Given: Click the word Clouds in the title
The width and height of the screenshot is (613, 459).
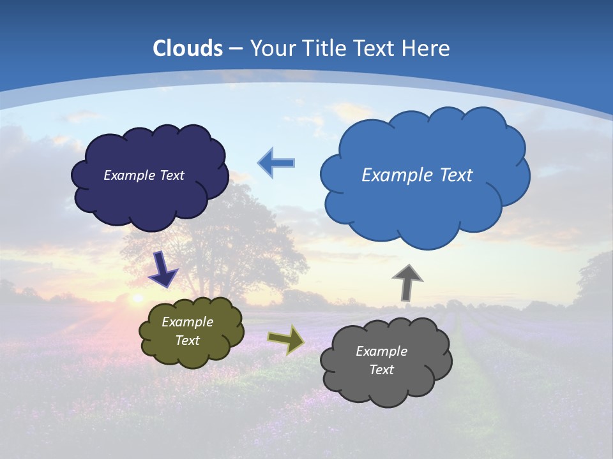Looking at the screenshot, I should pyautogui.click(x=188, y=48).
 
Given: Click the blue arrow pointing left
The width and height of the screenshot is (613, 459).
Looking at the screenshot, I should pyautogui.click(x=276, y=163).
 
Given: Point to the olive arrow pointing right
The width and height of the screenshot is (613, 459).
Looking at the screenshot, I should pyautogui.click(x=286, y=339).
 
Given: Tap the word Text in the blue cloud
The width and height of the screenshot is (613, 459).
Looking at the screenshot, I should pyautogui.click(x=455, y=175).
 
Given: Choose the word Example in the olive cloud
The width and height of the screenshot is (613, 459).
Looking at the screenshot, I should pyautogui.click(x=187, y=322).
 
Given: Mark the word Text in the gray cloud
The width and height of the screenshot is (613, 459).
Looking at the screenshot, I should pyautogui.click(x=381, y=370).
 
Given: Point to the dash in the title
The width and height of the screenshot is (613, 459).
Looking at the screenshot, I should pyautogui.click(x=236, y=48).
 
